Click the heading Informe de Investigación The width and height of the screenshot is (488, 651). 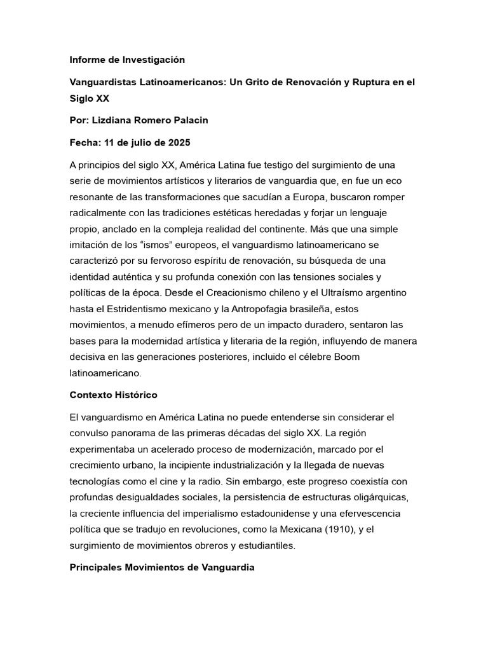click(x=127, y=60)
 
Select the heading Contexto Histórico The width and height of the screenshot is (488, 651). click(x=113, y=395)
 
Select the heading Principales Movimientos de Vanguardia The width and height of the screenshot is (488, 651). click(x=162, y=567)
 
